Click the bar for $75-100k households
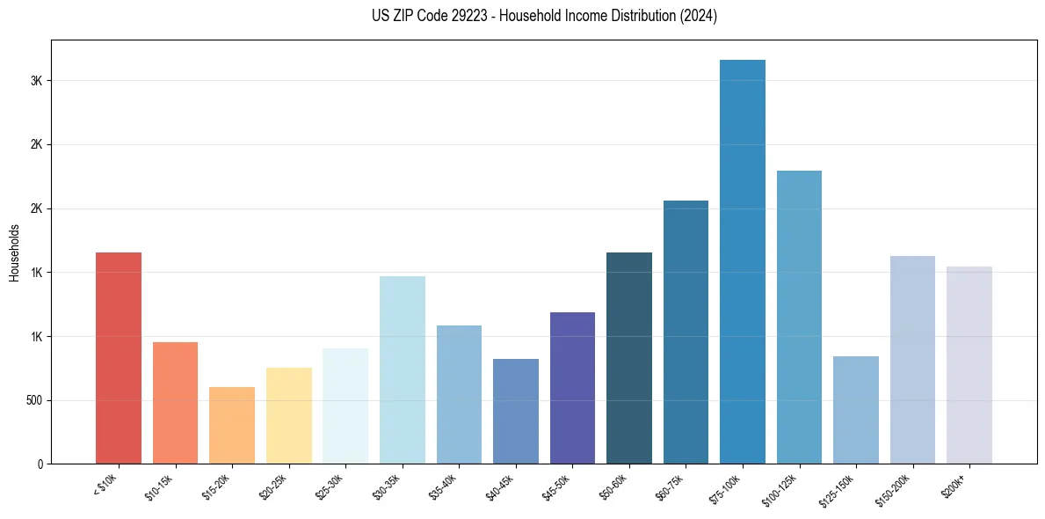pyautogui.click(x=742, y=261)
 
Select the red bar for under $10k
pyautogui.click(x=119, y=358)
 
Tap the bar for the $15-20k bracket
pyautogui.click(x=232, y=425)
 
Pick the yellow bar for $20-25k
pyautogui.click(x=288, y=415)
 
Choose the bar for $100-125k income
pyautogui.click(x=799, y=317)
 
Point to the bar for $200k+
pyautogui.click(x=969, y=365)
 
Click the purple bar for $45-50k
pyautogui.click(x=572, y=388)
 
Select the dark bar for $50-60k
pyautogui.click(x=628, y=358)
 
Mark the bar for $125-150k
pyautogui.click(x=855, y=410)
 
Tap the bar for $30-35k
pyautogui.click(x=402, y=369)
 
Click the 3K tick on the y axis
pyautogui.click(x=36, y=81)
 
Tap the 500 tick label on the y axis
pyautogui.click(x=33, y=400)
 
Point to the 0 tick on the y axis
pyautogui.click(x=40, y=464)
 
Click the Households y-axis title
pyautogui.click(x=14, y=252)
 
